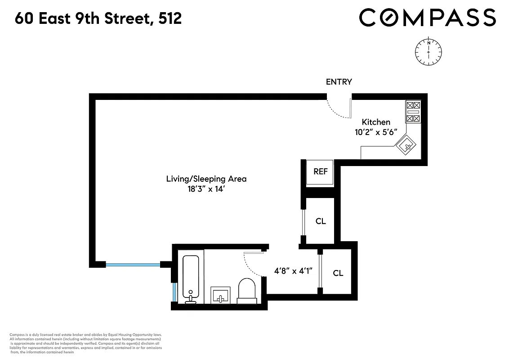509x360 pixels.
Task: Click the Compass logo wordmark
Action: [x=427, y=18]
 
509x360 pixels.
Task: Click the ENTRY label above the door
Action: [x=339, y=82]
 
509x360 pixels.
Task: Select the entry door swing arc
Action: [x=335, y=111]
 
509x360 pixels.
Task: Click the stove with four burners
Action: [x=413, y=112]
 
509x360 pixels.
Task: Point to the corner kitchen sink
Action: [x=406, y=145]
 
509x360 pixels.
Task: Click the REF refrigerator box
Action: [x=320, y=172]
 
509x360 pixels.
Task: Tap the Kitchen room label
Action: [x=376, y=122]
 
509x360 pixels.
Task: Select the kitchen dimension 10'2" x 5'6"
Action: [x=376, y=133]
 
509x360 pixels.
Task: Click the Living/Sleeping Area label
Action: [x=206, y=179]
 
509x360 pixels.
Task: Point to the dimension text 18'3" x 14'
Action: [x=206, y=189]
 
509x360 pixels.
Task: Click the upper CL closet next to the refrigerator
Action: [x=321, y=221]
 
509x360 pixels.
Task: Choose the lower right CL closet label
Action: [x=338, y=273]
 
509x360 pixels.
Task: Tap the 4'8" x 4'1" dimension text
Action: [x=293, y=271]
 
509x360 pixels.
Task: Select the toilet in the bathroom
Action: [x=246, y=289]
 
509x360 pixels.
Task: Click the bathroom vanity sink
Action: [x=220, y=295]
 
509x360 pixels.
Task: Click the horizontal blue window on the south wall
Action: [x=133, y=265]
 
